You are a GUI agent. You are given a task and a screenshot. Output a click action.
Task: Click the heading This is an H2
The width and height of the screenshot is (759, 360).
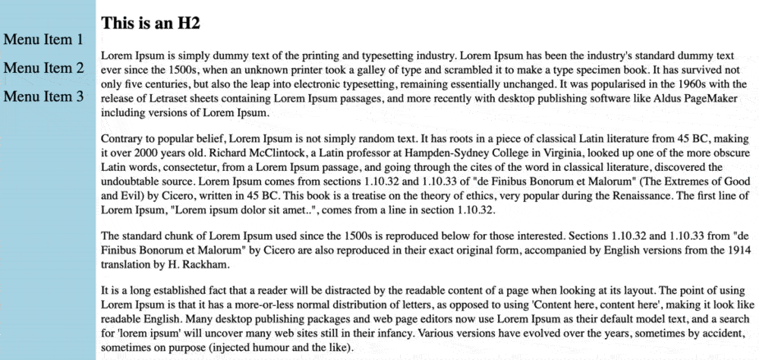150,24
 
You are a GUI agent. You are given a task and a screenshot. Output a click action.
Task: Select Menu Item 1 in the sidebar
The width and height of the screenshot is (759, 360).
43,39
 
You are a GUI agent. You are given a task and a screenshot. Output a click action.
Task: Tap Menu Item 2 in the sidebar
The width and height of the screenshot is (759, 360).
43,68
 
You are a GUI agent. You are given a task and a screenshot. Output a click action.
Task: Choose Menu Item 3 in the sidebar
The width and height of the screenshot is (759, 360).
43,96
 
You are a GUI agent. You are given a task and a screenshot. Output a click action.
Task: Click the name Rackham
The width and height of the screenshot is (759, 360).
202,266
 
